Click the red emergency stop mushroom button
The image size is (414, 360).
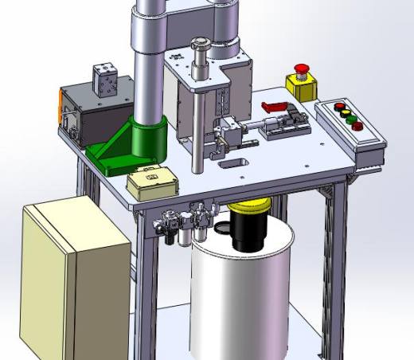[302, 69]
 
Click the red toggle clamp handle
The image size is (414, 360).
[274, 107]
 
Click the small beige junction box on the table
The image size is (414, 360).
[152, 185]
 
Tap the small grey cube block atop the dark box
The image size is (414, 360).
[105, 79]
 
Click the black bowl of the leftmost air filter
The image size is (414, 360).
[170, 240]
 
